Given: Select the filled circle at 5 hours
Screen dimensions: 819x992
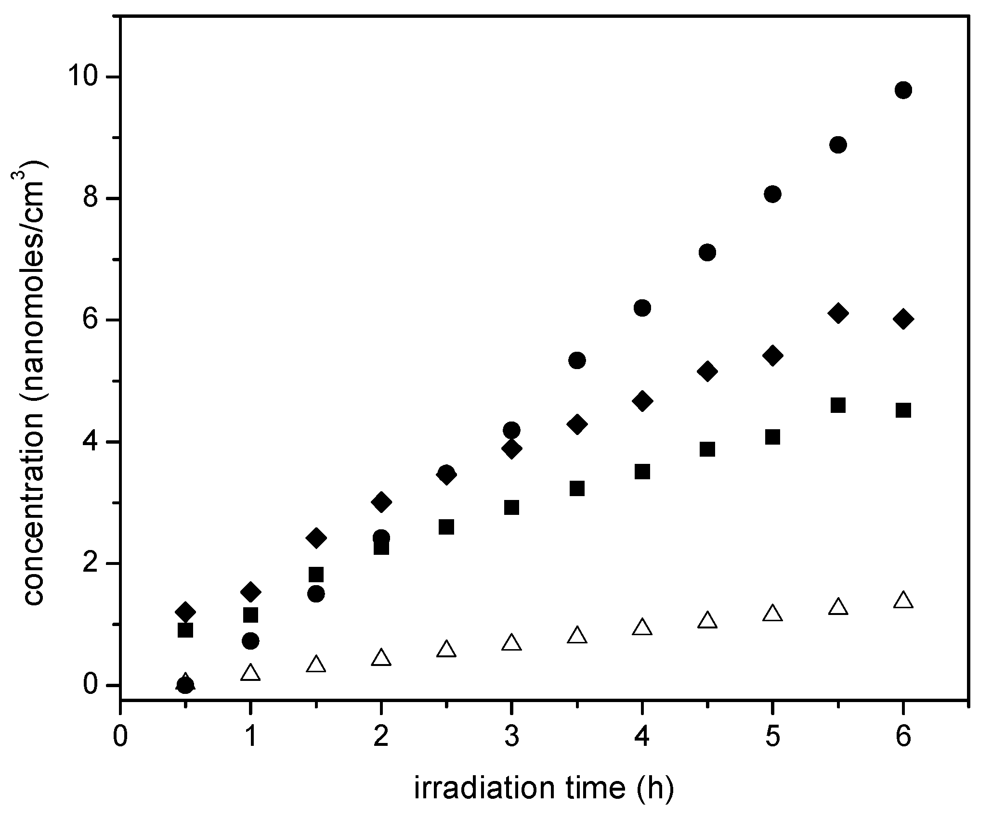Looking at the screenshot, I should tap(772, 194).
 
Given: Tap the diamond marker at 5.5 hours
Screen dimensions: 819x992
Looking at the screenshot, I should tap(838, 313).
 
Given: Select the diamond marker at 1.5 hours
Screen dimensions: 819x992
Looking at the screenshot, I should tap(316, 538).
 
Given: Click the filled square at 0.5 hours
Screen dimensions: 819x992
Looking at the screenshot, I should tap(185, 630).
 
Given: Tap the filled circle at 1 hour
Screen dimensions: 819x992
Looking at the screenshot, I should tap(250, 641).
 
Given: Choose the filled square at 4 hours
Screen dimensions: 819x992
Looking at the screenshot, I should tap(642, 472).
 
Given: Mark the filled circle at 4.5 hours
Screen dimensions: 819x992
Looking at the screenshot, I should tap(707, 252).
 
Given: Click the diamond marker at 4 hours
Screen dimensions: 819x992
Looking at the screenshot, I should tap(642, 401).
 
